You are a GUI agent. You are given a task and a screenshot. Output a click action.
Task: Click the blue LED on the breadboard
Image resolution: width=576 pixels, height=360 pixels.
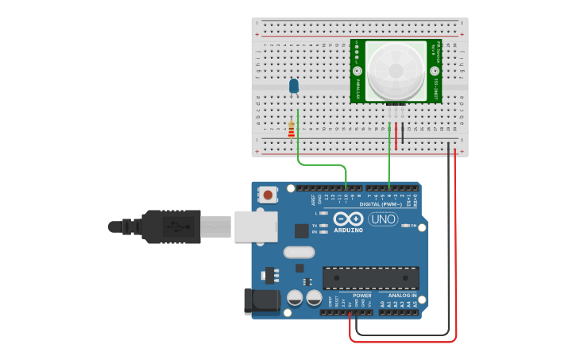click(x=294, y=85)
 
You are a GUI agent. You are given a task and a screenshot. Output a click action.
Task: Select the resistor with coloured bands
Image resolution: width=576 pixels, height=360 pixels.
click(x=292, y=130)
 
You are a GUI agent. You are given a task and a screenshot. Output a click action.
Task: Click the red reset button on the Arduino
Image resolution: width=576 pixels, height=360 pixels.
click(x=268, y=194)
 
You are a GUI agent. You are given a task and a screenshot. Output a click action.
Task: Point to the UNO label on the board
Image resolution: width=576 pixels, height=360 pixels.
click(x=384, y=219)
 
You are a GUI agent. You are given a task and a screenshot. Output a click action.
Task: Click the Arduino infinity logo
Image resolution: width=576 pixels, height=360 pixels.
click(x=348, y=219)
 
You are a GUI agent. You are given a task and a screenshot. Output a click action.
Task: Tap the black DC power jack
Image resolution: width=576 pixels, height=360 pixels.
click(x=261, y=300)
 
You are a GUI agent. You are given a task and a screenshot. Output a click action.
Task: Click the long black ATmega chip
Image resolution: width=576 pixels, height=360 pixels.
click(x=370, y=278)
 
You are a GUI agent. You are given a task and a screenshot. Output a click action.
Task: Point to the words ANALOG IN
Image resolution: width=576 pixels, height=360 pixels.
click(x=396, y=296)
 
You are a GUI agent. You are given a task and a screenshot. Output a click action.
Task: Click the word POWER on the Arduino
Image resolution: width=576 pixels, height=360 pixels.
click(x=361, y=296)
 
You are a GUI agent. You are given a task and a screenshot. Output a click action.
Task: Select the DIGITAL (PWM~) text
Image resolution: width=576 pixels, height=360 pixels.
click(x=381, y=204)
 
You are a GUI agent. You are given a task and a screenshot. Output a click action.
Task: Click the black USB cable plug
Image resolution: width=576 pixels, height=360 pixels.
click(x=171, y=226)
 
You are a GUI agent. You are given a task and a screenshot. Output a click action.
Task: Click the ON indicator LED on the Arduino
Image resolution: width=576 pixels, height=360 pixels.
click(x=406, y=226)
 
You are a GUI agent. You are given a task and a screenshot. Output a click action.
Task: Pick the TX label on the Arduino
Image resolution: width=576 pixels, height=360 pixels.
click(x=315, y=226)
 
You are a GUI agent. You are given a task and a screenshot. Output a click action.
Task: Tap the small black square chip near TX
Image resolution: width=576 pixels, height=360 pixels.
click(x=301, y=231)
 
